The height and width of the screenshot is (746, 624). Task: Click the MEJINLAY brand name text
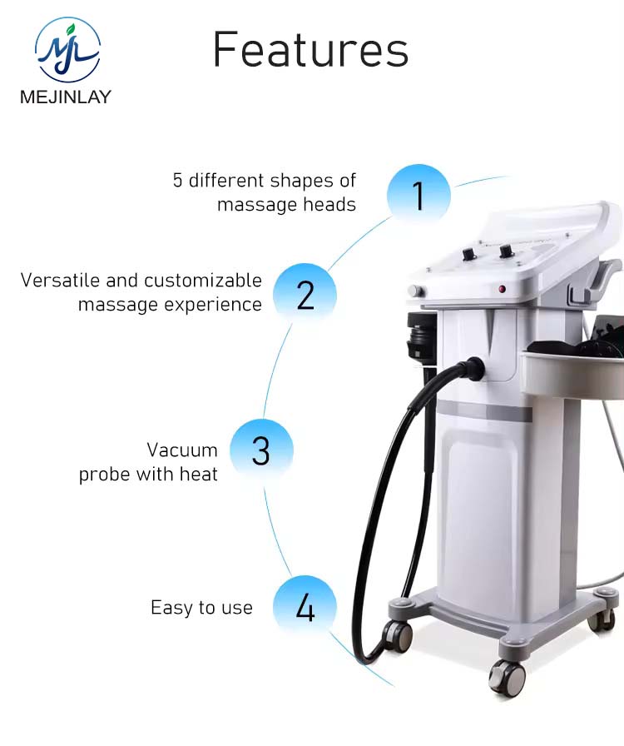(66, 97)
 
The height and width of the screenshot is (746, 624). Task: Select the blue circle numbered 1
(418, 196)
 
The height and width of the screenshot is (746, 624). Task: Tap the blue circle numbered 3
(261, 450)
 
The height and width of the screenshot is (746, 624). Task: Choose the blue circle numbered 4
(305, 607)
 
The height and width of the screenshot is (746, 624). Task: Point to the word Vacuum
(182, 450)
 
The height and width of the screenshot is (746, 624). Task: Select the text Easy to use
(201, 608)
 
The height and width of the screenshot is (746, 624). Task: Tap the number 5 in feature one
(178, 180)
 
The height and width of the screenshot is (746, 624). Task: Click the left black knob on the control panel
(468, 250)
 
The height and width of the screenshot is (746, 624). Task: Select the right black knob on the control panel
(505, 250)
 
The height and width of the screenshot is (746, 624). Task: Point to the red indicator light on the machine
(503, 289)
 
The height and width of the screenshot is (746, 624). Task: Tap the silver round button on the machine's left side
(414, 291)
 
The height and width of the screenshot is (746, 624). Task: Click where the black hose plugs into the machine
(475, 367)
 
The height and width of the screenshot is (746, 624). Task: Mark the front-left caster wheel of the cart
(398, 634)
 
